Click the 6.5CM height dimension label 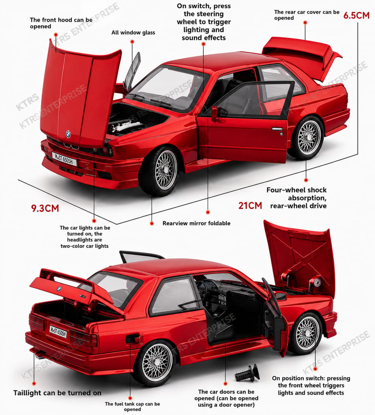click(356, 15)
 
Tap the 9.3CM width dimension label click(45, 208)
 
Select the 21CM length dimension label click(250, 205)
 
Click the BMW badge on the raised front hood click(68, 134)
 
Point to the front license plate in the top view click(64, 159)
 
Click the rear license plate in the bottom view click(58, 332)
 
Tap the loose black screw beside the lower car click(247, 373)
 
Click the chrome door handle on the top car click(277, 129)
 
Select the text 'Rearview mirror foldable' click(196, 223)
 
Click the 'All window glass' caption click(133, 32)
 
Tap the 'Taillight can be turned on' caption click(58, 393)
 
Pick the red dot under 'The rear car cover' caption click(305, 23)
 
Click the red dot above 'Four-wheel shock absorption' click(306, 180)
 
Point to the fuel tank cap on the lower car click(132, 339)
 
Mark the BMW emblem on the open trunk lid click(59, 289)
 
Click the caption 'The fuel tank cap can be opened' click(132, 406)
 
